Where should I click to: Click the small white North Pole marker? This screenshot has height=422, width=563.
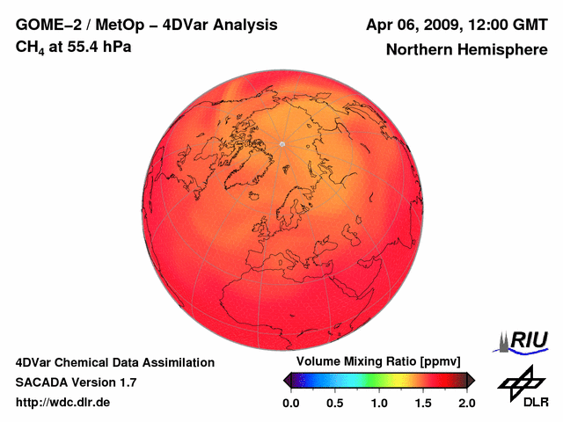pyautogui.click(x=281, y=143)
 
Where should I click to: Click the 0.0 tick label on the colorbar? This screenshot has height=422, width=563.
pyautogui.click(x=290, y=403)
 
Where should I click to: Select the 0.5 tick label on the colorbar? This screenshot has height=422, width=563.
pyautogui.click(x=335, y=403)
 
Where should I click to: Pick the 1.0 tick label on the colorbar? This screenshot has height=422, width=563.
pyautogui.click(x=379, y=403)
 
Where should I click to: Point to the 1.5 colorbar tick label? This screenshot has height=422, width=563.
pyautogui.click(x=423, y=403)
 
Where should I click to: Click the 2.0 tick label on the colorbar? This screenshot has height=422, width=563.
pyautogui.click(x=466, y=403)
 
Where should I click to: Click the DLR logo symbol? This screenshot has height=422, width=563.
pyautogui.click(x=520, y=382)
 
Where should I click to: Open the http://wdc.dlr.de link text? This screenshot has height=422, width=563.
pyautogui.click(x=63, y=403)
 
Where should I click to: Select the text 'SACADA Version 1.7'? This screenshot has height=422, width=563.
pyautogui.click(x=76, y=382)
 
